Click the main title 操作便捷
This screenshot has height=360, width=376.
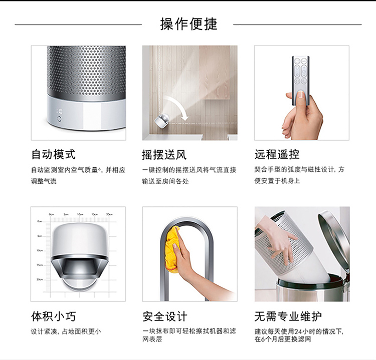pyautogui.click(x=189, y=24)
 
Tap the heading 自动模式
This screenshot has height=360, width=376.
pyautogui.click(x=54, y=154)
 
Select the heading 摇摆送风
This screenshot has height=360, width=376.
pyautogui.click(x=164, y=155)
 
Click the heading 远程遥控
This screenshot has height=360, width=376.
pyautogui.click(x=277, y=154)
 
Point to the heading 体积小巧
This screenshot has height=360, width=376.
pyautogui.click(x=54, y=316)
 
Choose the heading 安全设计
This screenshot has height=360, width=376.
pyautogui.click(x=165, y=316)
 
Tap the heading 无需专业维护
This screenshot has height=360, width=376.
pyautogui.click(x=288, y=316)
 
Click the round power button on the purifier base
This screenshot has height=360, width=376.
pyautogui.click(x=59, y=119)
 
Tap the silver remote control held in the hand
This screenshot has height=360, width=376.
pyautogui.click(x=300, y=81)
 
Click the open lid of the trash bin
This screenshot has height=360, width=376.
pyautogui.click(x=333, y=239)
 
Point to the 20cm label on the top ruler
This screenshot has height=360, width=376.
pyautogui.click(x=109, y=214)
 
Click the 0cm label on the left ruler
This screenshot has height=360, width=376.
pyautogui.click(x=40, y=221)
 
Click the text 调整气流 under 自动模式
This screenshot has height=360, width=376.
pyautogui.click(x=44, y=181)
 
